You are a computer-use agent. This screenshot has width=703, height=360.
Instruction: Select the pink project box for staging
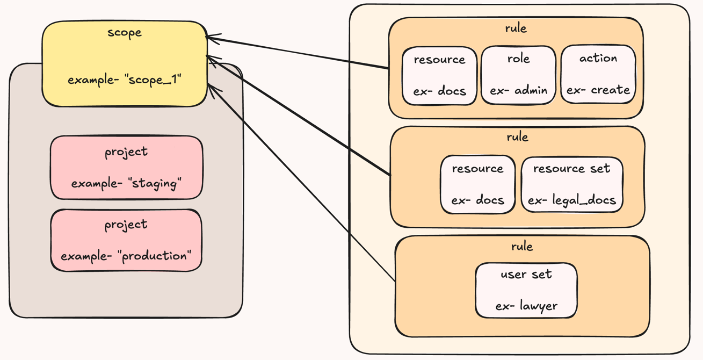coord(126,167)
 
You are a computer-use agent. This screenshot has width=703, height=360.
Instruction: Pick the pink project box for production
coord(126,240)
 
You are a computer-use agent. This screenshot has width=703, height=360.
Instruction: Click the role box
coord(518,75)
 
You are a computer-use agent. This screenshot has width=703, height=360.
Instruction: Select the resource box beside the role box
coord(439,75)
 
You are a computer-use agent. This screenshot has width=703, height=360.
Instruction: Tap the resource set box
coord(571,184)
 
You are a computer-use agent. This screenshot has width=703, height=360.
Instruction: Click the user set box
coord(526,290)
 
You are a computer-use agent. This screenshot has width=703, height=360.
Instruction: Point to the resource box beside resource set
coord(477,184)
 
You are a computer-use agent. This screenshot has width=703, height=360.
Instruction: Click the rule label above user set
coord(522,247)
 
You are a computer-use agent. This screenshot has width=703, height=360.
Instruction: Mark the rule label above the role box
coord(516,28)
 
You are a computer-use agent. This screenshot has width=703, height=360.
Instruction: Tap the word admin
coord(529,91)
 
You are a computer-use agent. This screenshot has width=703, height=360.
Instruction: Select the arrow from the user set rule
coord(301,183)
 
